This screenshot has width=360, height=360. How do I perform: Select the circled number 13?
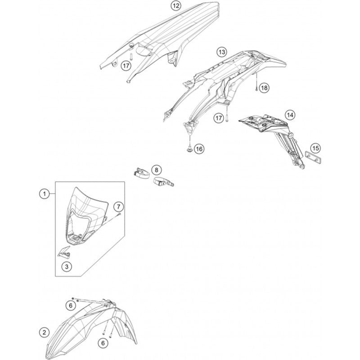click(x=221, y=52)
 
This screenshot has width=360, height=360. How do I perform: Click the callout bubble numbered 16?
click(x=199, y=148)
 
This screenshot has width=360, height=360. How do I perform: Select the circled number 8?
click(x=156, y=170)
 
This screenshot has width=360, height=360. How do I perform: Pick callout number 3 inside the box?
click(x=67, y=267)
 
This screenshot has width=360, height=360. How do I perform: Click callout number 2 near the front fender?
click(x=44, y=333)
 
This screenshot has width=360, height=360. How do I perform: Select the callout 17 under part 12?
click(x=125, y=65)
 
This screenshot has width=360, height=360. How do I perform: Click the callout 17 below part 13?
click(x=219, y=118)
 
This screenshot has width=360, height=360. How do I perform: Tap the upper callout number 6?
click(x=71, y=305)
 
